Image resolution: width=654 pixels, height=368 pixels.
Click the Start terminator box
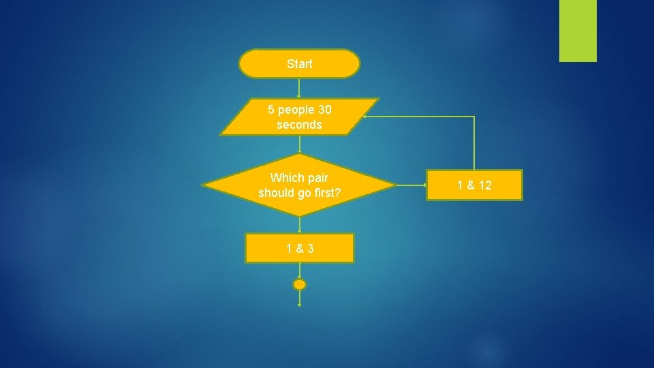coord(299,63)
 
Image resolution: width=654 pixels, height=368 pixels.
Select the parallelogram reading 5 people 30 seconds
coord(299,117)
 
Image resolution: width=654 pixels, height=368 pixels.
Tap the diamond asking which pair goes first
coord(299,185)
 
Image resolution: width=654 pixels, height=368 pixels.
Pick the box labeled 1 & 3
coord(300,248)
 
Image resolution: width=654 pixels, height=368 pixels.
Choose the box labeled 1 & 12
coord(474,185)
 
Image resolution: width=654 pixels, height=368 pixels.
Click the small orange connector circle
coord(300,284)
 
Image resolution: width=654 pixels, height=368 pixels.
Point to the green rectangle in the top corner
coord(578,31)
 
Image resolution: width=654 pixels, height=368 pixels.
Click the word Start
coord(300,64)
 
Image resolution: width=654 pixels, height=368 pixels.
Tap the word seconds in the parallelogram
coord(299,125)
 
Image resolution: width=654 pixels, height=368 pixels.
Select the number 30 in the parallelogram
coord(323,109)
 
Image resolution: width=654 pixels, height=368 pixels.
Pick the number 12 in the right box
coord(484,185)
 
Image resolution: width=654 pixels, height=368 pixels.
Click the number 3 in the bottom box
coord(311,249)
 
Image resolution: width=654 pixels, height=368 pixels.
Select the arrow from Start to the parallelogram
coord(299,88)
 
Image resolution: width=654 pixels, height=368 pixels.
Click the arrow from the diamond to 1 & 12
coord(410,185)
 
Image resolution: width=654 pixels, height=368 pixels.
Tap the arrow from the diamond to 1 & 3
coord(300,225)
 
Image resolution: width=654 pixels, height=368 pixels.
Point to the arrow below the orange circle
coord(300,298)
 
